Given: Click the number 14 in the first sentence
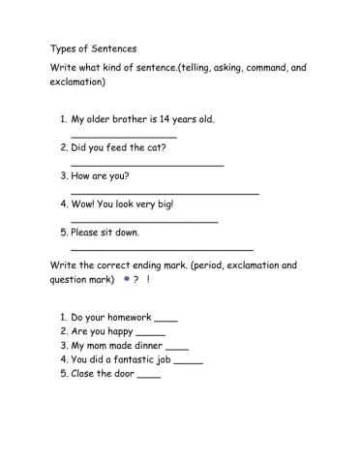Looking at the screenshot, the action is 172,119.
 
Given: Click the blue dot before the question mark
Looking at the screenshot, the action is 127,279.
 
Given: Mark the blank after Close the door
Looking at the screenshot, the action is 149,375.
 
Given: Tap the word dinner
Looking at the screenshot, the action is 147,346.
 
